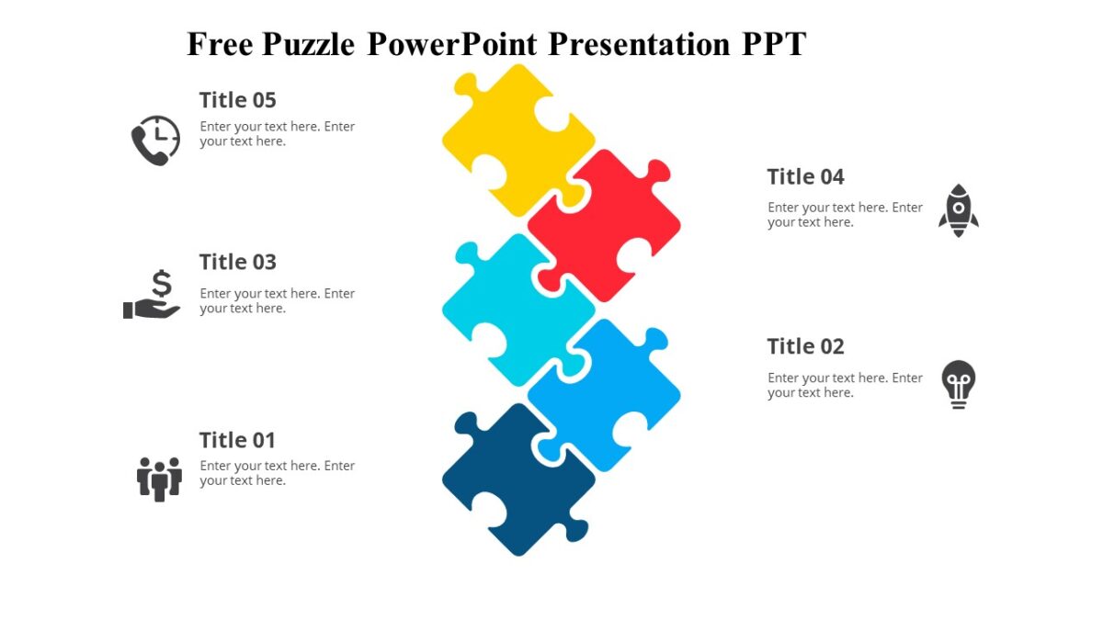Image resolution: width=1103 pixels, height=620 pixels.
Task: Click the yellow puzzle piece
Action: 515,138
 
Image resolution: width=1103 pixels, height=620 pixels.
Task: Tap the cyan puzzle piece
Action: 515,308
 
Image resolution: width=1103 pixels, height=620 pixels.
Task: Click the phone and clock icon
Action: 155,140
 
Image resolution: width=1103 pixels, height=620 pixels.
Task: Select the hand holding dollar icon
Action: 153,296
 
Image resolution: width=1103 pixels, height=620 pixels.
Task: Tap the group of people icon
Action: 159,479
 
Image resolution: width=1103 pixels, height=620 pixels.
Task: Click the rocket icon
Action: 958,210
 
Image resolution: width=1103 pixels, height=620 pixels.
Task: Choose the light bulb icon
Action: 958,384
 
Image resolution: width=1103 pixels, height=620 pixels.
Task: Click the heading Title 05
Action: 237,100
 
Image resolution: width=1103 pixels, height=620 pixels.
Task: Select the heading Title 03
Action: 237,262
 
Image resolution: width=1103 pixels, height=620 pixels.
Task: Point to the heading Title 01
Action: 237,440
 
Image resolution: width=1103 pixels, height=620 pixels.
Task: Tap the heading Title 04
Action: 805,176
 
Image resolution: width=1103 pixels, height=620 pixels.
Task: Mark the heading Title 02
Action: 805,346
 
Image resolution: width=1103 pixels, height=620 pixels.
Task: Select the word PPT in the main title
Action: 774,43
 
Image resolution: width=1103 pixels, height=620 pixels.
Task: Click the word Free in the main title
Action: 221,43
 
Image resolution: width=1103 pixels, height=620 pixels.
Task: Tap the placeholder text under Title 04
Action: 845,215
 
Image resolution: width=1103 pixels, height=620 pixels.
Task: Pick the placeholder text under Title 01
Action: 277,473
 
